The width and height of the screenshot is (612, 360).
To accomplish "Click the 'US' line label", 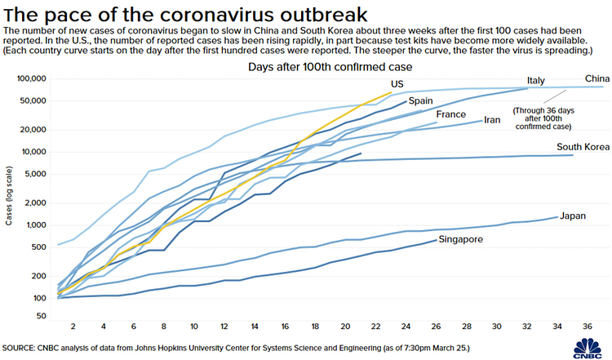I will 397,84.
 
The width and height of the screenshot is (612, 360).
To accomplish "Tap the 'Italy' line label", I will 535,80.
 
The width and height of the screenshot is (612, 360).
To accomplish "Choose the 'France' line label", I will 450,114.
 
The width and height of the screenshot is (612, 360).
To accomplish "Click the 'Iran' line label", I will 492,120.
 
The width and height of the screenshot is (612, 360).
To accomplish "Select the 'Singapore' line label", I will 463,239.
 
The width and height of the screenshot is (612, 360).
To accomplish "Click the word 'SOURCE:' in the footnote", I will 21,347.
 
